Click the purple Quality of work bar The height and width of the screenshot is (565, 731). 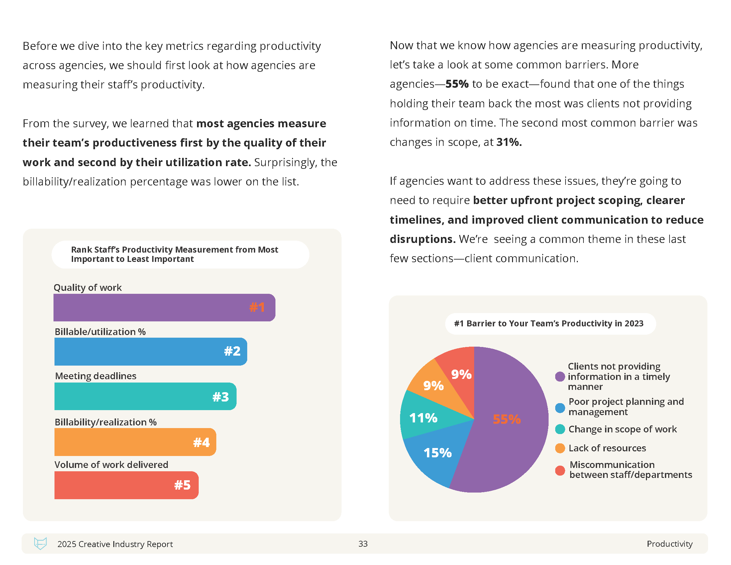[151, 307]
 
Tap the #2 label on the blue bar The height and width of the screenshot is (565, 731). [232, 351]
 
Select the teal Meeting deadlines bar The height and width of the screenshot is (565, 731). [134, 396]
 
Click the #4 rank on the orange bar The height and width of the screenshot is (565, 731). [201, 442]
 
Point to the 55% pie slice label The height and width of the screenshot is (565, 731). [506, 419]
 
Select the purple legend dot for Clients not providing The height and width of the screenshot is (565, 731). [560, 377]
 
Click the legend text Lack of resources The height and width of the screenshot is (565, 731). [607, 448]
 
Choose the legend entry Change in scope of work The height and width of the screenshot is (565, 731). [622, 429]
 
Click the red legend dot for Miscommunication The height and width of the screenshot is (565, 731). [560, 470]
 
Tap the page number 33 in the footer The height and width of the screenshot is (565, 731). [363, 544]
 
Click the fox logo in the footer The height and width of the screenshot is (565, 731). [40, 543]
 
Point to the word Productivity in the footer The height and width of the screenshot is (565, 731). [670, 544]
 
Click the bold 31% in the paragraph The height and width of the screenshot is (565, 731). [508, 142]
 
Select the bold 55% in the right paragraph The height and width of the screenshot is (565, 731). [457, 84]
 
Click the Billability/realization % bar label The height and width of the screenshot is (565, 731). [105, 422]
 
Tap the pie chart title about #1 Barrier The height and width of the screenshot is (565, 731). [549, 323]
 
